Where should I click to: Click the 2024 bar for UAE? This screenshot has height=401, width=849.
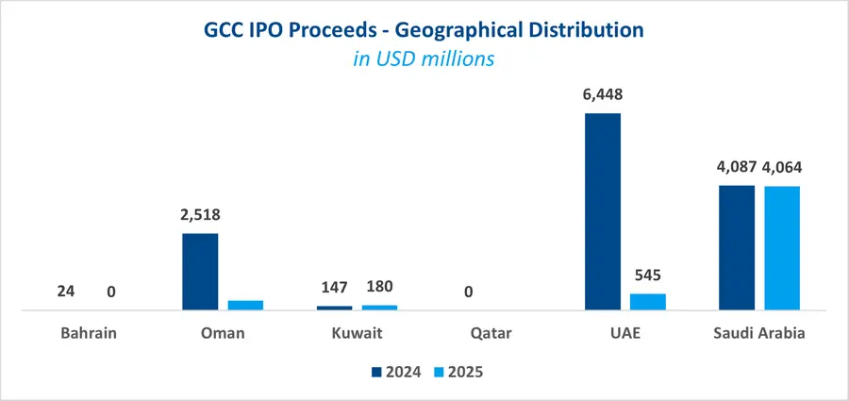click(x=603, y=211)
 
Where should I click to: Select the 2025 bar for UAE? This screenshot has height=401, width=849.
click(x=648, y=302)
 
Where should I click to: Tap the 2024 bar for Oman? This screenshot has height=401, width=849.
click(x=200, y=272)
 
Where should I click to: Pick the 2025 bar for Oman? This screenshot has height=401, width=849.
click(x=245, y=305)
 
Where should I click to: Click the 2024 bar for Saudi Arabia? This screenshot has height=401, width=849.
click(x=737, y=247)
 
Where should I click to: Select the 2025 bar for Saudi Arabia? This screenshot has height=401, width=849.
click(x=782, y=248)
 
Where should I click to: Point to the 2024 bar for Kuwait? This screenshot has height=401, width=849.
click(x=334, y=308)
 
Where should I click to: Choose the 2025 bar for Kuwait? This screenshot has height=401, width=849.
click(x=379, y=308)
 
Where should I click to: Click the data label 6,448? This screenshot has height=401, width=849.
click(x=603, y=94)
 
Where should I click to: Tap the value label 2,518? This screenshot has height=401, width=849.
click(x=200, y=215)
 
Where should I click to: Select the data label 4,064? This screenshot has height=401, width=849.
click(x=783, y=168)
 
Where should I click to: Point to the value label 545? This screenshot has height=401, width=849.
click(x=648, y=276)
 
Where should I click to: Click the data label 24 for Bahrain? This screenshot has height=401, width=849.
click(x=66, y=292)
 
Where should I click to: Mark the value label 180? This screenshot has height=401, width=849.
click(x=379, y=287)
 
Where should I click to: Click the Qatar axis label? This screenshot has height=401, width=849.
click(x=469, y=333)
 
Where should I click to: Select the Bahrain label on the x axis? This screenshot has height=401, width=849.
click(x=89, y=333)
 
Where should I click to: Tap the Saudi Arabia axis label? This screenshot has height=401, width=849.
click(x=759, y=333)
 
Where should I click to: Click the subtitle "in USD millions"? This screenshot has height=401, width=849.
click(x=424, y=58)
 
